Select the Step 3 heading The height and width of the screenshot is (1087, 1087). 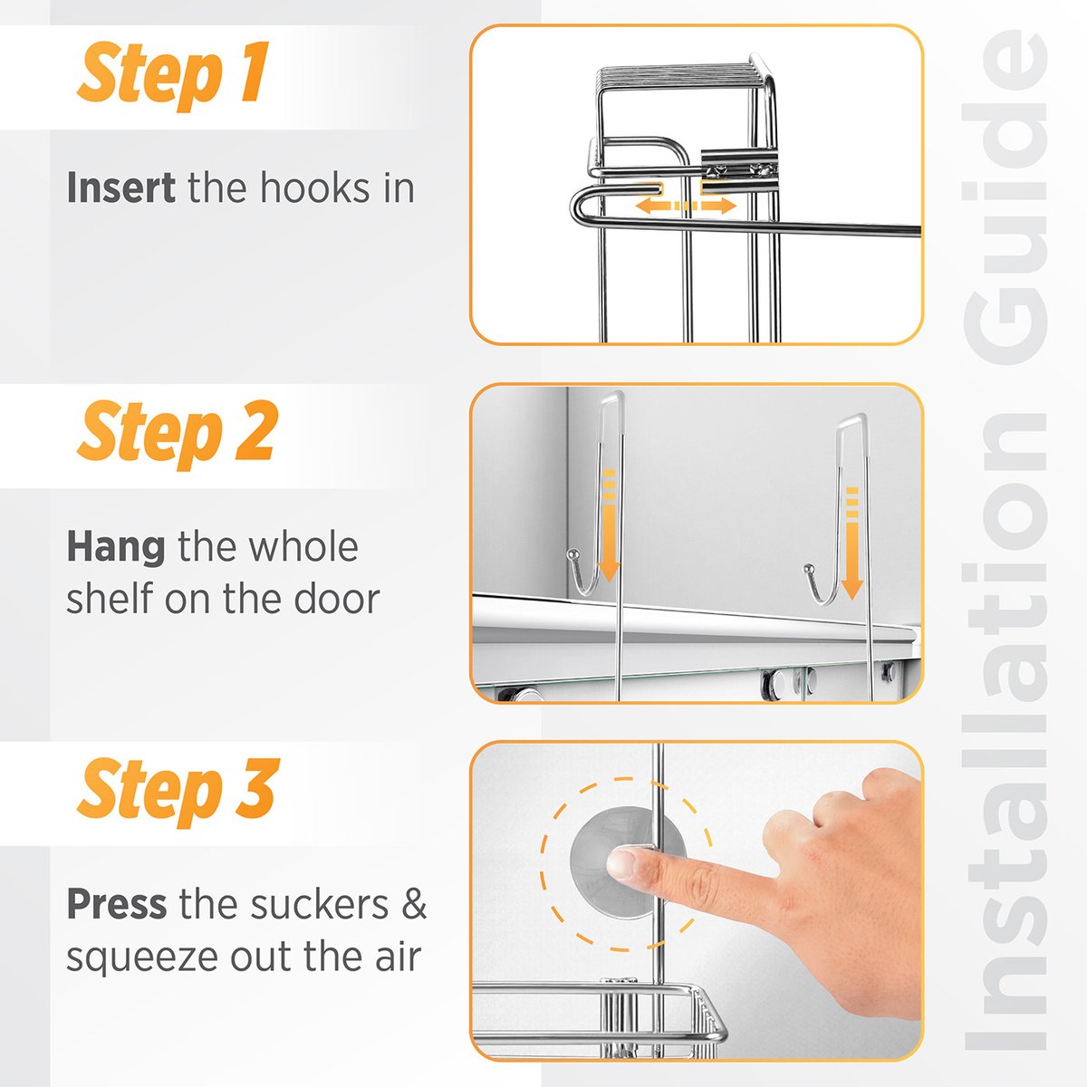[x=178, y=792]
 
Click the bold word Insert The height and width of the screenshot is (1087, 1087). [x=120, y=188]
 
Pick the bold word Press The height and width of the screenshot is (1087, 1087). [x=117, y=904]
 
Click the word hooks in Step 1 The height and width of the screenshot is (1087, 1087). [x=314, y=188]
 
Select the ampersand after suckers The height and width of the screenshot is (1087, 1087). [x=415, y=904]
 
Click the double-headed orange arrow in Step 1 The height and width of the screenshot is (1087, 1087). [x=686, y=206]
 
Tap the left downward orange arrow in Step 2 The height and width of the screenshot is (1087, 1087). [x=609, y=525]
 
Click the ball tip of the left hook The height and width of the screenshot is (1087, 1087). [x=572, y=555]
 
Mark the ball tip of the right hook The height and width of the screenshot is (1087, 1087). [x=809, y=569]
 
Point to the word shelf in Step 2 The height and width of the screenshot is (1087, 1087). [x=110, y=599]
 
